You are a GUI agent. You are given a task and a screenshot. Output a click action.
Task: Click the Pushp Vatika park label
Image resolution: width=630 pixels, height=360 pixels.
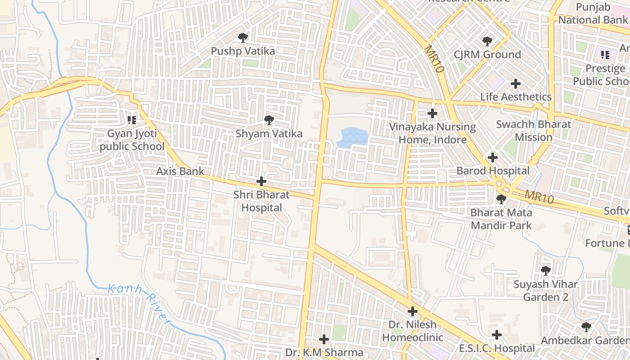243,51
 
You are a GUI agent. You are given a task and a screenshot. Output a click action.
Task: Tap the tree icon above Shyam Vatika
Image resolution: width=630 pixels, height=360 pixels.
269,120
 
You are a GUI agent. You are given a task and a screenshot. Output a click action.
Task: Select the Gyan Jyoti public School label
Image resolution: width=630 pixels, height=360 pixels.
132,140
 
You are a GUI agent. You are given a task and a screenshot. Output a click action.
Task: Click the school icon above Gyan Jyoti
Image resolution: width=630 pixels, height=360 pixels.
131,120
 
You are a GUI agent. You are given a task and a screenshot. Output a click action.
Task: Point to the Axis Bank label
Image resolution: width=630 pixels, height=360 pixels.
180,171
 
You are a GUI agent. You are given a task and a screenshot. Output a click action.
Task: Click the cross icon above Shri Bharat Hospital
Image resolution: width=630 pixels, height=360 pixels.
261,181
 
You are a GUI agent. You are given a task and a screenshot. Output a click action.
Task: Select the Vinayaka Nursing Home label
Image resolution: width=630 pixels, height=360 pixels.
432,133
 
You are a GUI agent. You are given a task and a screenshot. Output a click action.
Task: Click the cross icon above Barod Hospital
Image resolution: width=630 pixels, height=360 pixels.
493,157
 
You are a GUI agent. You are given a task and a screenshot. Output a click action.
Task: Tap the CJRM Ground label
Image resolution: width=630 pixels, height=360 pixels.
487,55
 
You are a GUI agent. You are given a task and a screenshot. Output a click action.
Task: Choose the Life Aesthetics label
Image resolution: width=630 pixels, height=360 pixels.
516,97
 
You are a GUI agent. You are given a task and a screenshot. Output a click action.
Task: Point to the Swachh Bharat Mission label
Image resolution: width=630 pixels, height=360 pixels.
533,130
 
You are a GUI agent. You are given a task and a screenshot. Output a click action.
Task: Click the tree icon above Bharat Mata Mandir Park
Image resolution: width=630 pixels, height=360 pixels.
501,199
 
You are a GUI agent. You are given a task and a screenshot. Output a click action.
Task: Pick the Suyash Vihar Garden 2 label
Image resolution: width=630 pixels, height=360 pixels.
545,291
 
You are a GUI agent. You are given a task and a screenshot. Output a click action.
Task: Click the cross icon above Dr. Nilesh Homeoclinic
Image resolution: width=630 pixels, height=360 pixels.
413,311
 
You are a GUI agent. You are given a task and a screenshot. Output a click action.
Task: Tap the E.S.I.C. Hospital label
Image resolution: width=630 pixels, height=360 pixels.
497,348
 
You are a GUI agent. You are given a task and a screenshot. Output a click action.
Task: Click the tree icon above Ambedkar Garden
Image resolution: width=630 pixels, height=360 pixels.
585,327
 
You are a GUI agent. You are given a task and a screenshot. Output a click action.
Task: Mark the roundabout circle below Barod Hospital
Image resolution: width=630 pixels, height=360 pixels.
499,184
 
